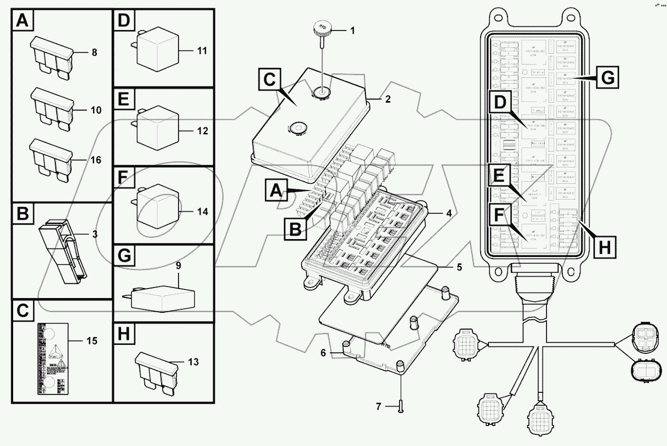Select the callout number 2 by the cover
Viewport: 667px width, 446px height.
[x=388, y=99]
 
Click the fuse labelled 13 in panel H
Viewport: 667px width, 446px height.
[x=156, y=372]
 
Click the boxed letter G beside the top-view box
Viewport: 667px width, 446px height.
[x=607, y=78]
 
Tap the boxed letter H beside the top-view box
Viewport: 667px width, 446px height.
[x=606, y=246]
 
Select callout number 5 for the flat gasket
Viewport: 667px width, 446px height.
[x=459, y=267]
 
